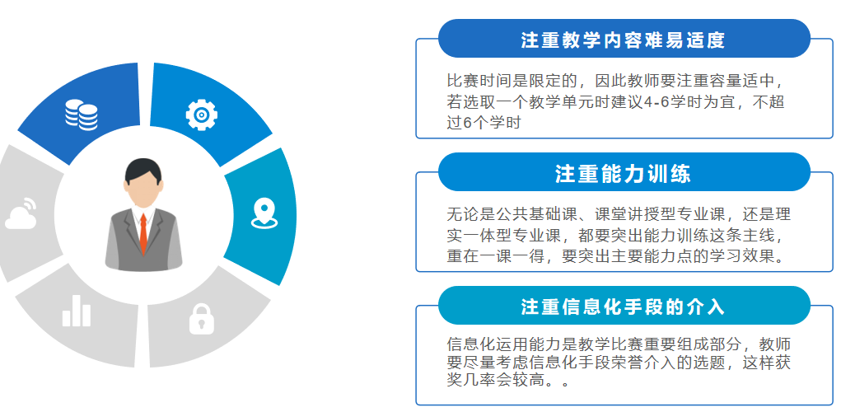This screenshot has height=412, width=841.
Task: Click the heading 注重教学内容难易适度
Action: point(623,40)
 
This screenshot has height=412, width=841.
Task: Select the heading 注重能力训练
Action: point(623,174)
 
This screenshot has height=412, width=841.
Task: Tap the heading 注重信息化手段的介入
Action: point(623,307)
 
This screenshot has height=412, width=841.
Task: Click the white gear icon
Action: point(201,115)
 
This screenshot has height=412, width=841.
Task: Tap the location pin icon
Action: point(264,213)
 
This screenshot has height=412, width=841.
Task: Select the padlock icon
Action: point(201,319)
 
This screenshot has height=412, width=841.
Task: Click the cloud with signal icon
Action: point(21,213)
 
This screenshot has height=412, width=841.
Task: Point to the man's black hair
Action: point(143,171)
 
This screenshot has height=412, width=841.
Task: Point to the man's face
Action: point(143,190)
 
